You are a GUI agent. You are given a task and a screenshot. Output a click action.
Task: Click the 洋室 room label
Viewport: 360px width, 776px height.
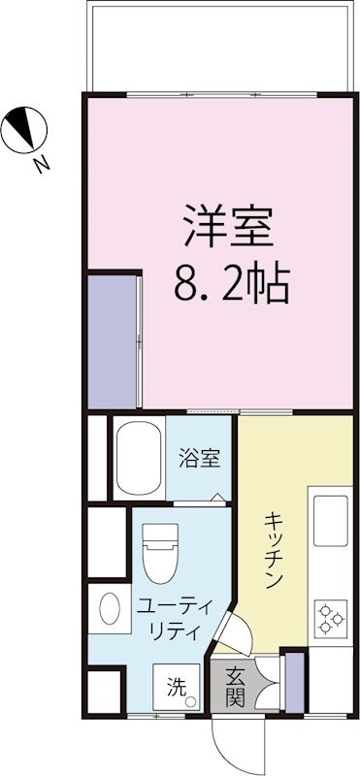[x=229, y=229]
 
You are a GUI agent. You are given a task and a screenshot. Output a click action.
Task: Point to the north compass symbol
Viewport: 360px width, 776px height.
[x=24, y=131]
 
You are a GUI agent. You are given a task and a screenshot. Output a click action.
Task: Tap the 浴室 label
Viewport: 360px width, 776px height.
[x=199, y=458]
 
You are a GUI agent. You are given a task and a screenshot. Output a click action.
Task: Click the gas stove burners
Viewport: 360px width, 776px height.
[x=330, y=617]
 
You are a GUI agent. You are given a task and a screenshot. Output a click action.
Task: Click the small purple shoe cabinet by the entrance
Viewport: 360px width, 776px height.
[x=294, y=678]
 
